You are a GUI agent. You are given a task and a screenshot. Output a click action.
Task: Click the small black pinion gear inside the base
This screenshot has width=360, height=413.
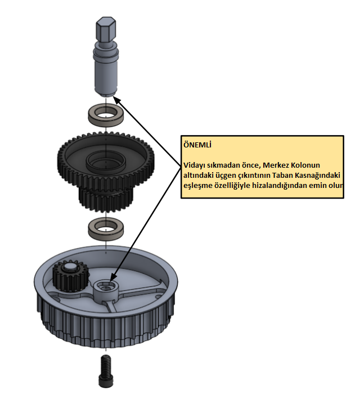pyautogui.click(x=68, y=276)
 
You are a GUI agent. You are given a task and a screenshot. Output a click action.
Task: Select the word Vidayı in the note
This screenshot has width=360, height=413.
pyautogui.click(x=195, y=165)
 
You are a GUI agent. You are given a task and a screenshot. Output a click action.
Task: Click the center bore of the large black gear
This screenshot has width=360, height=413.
pyautogui.click(x=105, y=162)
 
